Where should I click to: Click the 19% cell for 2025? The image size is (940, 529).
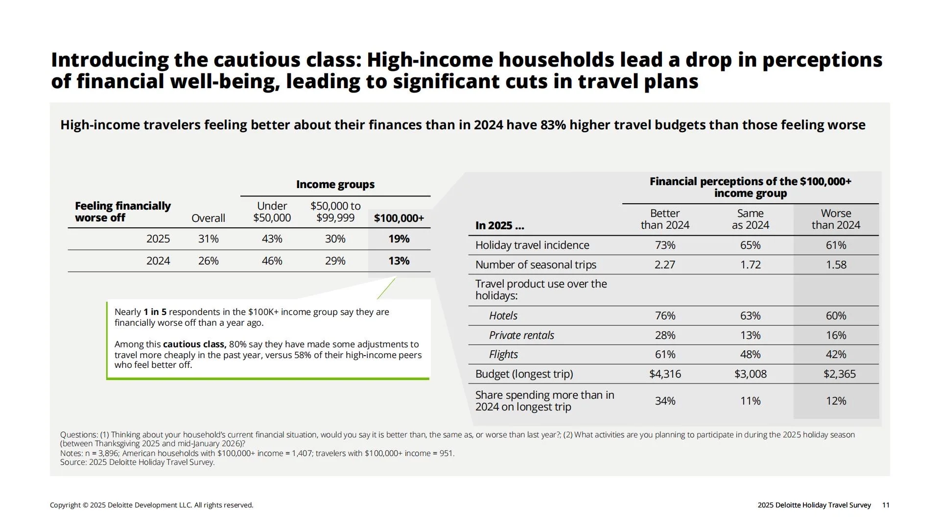399,239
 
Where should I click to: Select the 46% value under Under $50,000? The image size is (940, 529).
272,261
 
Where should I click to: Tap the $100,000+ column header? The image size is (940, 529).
399,218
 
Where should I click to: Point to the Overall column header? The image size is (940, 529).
208,218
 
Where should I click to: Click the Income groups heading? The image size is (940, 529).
335,184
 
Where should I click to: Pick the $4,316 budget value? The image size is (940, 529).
665,374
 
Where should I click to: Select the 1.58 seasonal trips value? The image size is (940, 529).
836,264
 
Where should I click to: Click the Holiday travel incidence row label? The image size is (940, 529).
532,245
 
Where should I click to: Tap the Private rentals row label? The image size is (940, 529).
521,335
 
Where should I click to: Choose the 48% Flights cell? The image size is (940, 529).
750,354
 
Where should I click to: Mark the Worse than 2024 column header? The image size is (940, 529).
836,219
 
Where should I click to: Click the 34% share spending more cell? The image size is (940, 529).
665,401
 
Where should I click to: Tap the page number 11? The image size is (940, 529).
886,505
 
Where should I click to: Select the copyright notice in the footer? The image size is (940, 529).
152,505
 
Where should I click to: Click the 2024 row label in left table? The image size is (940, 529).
158,261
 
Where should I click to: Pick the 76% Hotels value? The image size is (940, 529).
665,315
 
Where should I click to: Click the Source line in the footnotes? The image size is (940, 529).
137,462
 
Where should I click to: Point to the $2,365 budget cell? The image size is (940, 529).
839,374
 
